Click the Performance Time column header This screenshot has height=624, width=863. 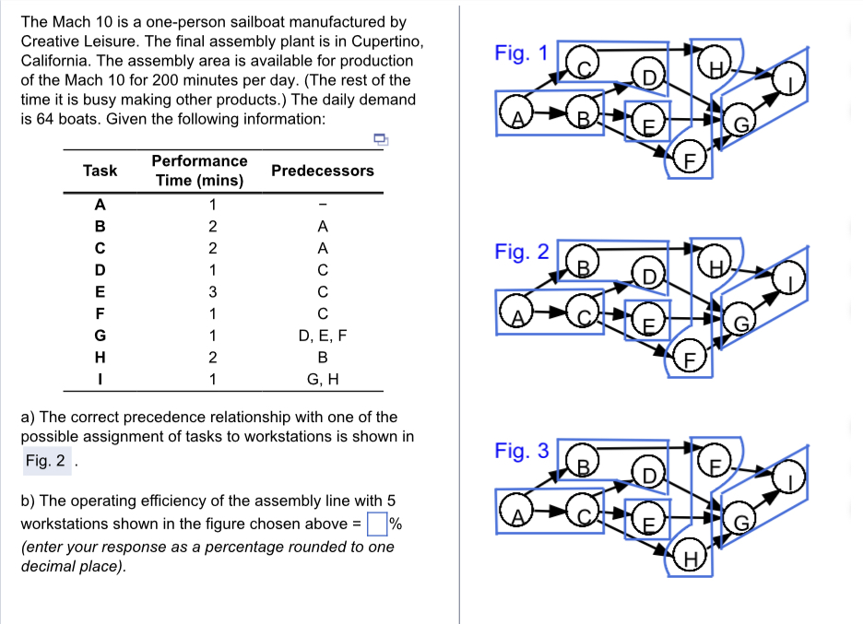199,171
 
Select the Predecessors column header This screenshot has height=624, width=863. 323,171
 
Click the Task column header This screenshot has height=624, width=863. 100,171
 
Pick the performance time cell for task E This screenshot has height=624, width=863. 212,292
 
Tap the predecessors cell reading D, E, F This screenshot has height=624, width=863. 323,336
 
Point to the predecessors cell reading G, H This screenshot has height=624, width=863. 323,379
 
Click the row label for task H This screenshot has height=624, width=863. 100,358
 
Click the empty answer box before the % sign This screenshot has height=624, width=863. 376,524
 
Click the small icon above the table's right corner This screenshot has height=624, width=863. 379,139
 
